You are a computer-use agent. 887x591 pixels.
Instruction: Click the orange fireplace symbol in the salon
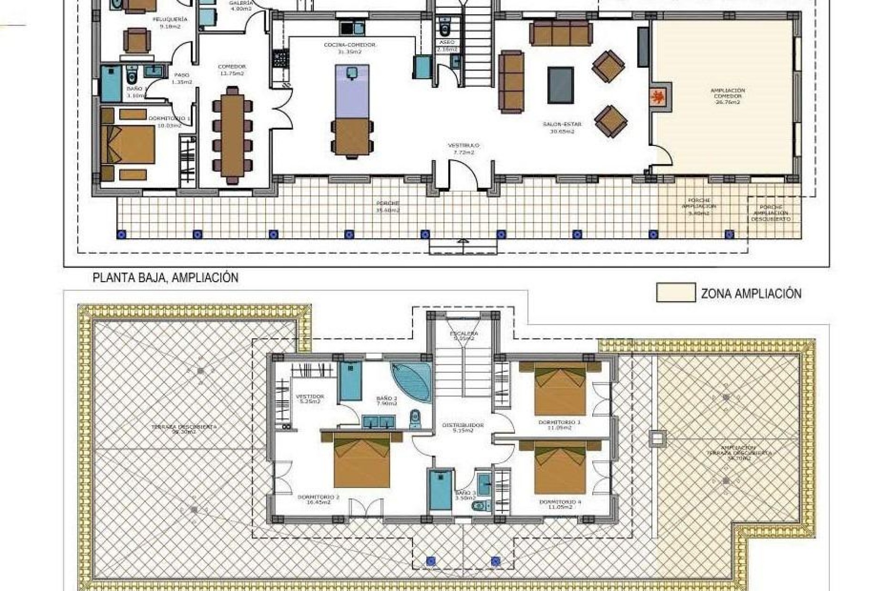pyautogui.click(x=659, y=98)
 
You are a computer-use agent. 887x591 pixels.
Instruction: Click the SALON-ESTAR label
pyautogui.click(x=562, y=127)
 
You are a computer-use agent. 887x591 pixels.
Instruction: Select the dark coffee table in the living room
pyautogui.click(x=561, y=85)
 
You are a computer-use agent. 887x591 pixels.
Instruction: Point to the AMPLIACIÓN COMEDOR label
pyautogui.click(x=728, y=96)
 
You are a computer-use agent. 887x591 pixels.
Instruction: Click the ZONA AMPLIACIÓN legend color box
pyautogui.click(x=675, y=293)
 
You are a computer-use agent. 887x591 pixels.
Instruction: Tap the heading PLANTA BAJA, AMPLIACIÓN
pyautogui.click(x=165, y=277)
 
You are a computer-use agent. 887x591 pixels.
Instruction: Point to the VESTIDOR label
pyautogui.click(x=310, y=399)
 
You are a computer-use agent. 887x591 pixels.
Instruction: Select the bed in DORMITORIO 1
pyautogui.click(x=128, y=144)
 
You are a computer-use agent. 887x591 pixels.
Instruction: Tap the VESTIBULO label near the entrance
pyautogui.click(x=463, y=148)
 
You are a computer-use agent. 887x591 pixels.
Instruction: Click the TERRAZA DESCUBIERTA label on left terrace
pyautogui.click(x=184, y=429)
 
